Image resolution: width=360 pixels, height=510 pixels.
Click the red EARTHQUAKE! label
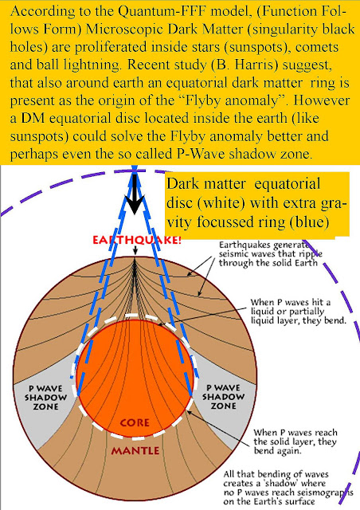pos(136,241)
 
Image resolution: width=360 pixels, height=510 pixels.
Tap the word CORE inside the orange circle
pos(135,423)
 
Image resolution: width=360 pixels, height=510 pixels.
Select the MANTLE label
pos(135,451)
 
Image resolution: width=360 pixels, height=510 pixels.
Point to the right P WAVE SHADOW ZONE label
pos(224,397)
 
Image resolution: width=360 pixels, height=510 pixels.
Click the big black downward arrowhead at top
pos(135,203)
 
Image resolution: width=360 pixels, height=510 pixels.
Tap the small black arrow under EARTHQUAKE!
pos(135,250)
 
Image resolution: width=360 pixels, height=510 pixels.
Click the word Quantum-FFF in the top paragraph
pos(162,12)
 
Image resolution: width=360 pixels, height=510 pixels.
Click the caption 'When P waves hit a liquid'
pos(298,312)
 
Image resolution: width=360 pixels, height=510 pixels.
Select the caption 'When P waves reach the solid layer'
pos(295,441)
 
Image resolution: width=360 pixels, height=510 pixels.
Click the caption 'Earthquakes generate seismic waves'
pos(271,253)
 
